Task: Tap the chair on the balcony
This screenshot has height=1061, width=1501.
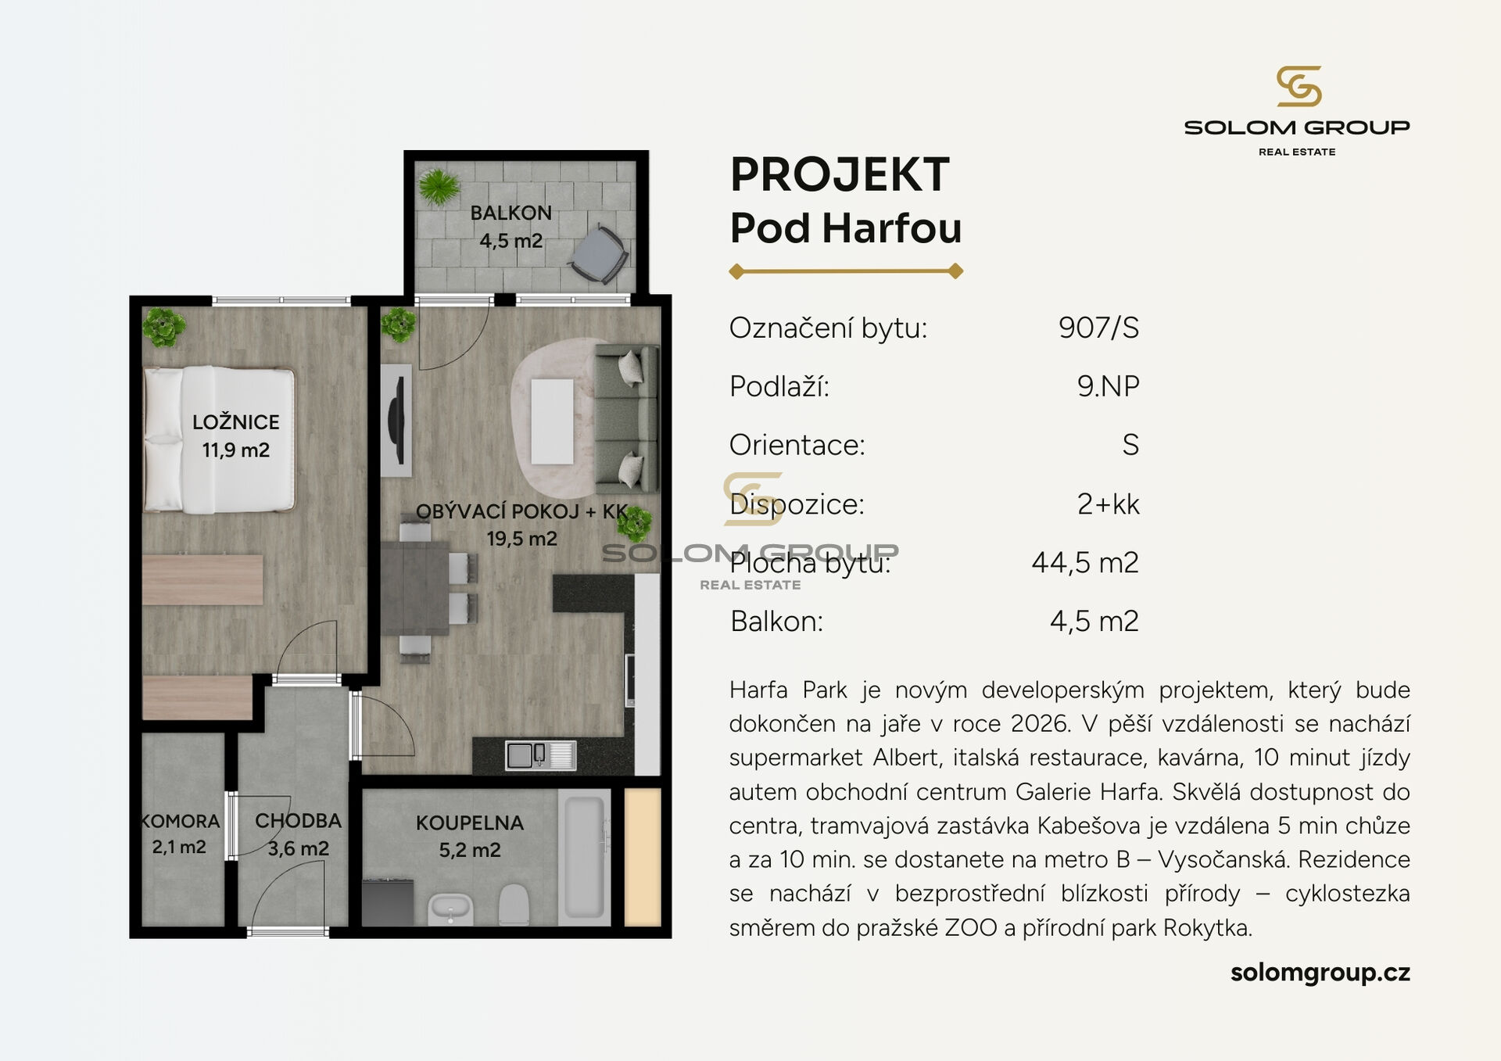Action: pos(599,253)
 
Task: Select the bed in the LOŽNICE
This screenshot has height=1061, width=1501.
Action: pos(219,439)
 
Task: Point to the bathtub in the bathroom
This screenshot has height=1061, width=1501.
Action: pos(584,855)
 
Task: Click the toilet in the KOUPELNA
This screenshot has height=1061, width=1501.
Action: pos(514,905)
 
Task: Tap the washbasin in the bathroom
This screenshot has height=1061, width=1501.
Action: pos(450,909)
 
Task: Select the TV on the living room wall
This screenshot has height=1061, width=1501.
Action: pos(397,419)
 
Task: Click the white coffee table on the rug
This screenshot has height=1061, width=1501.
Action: pos(552,421)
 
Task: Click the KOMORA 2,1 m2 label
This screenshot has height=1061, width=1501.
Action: pos(180,834)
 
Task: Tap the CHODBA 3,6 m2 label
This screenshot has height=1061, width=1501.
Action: pos(298,834)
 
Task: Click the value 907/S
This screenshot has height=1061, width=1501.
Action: pos(1098,328)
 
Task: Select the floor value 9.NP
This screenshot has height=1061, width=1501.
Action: pos(1108,386)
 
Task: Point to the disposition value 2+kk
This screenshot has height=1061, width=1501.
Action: pos(1108,504)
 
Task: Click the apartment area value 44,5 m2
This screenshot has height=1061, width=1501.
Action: pos(1084,563)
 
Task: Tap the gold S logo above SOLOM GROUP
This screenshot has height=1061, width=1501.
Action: pos(1298,86)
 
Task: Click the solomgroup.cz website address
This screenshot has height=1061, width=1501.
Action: pos(1320,972)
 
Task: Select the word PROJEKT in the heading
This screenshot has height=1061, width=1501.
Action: pos(840,174)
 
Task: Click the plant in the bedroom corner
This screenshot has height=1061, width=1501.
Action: pos(163,326)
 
